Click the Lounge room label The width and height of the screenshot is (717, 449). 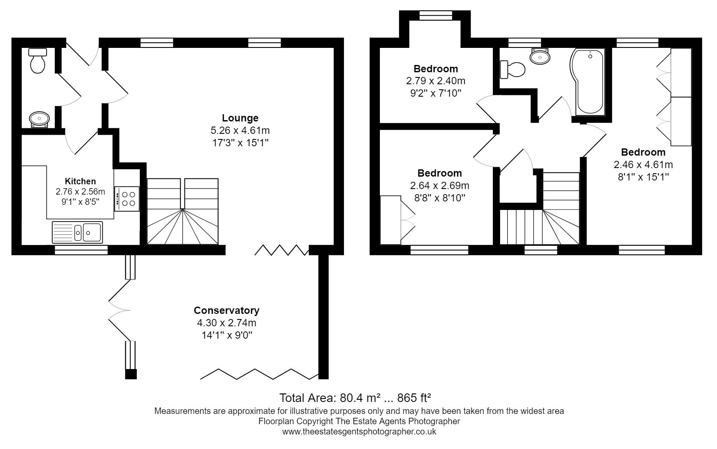[240, 118]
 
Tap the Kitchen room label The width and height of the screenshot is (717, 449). [80, 181]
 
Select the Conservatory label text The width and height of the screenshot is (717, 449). [226, 310]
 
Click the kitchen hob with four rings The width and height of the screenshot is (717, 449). [127, 199]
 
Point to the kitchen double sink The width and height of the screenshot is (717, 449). [77, 232]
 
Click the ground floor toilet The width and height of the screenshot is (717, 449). [38, 61]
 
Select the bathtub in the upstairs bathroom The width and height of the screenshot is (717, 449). [589, 81]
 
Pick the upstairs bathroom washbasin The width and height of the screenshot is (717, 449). [540, 56]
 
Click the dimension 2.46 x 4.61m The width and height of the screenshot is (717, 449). [643, 165]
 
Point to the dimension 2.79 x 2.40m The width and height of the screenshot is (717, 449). [436, 81]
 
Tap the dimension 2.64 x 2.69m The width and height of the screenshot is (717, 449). [439, 186]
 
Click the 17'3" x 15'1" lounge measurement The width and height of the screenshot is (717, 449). [240, 143]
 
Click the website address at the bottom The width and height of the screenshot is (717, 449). [359, 431]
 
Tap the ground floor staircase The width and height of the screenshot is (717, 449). [183, 212]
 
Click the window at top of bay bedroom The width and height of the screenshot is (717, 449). [435, 16]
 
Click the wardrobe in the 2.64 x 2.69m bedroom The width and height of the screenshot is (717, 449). [397, 220]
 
